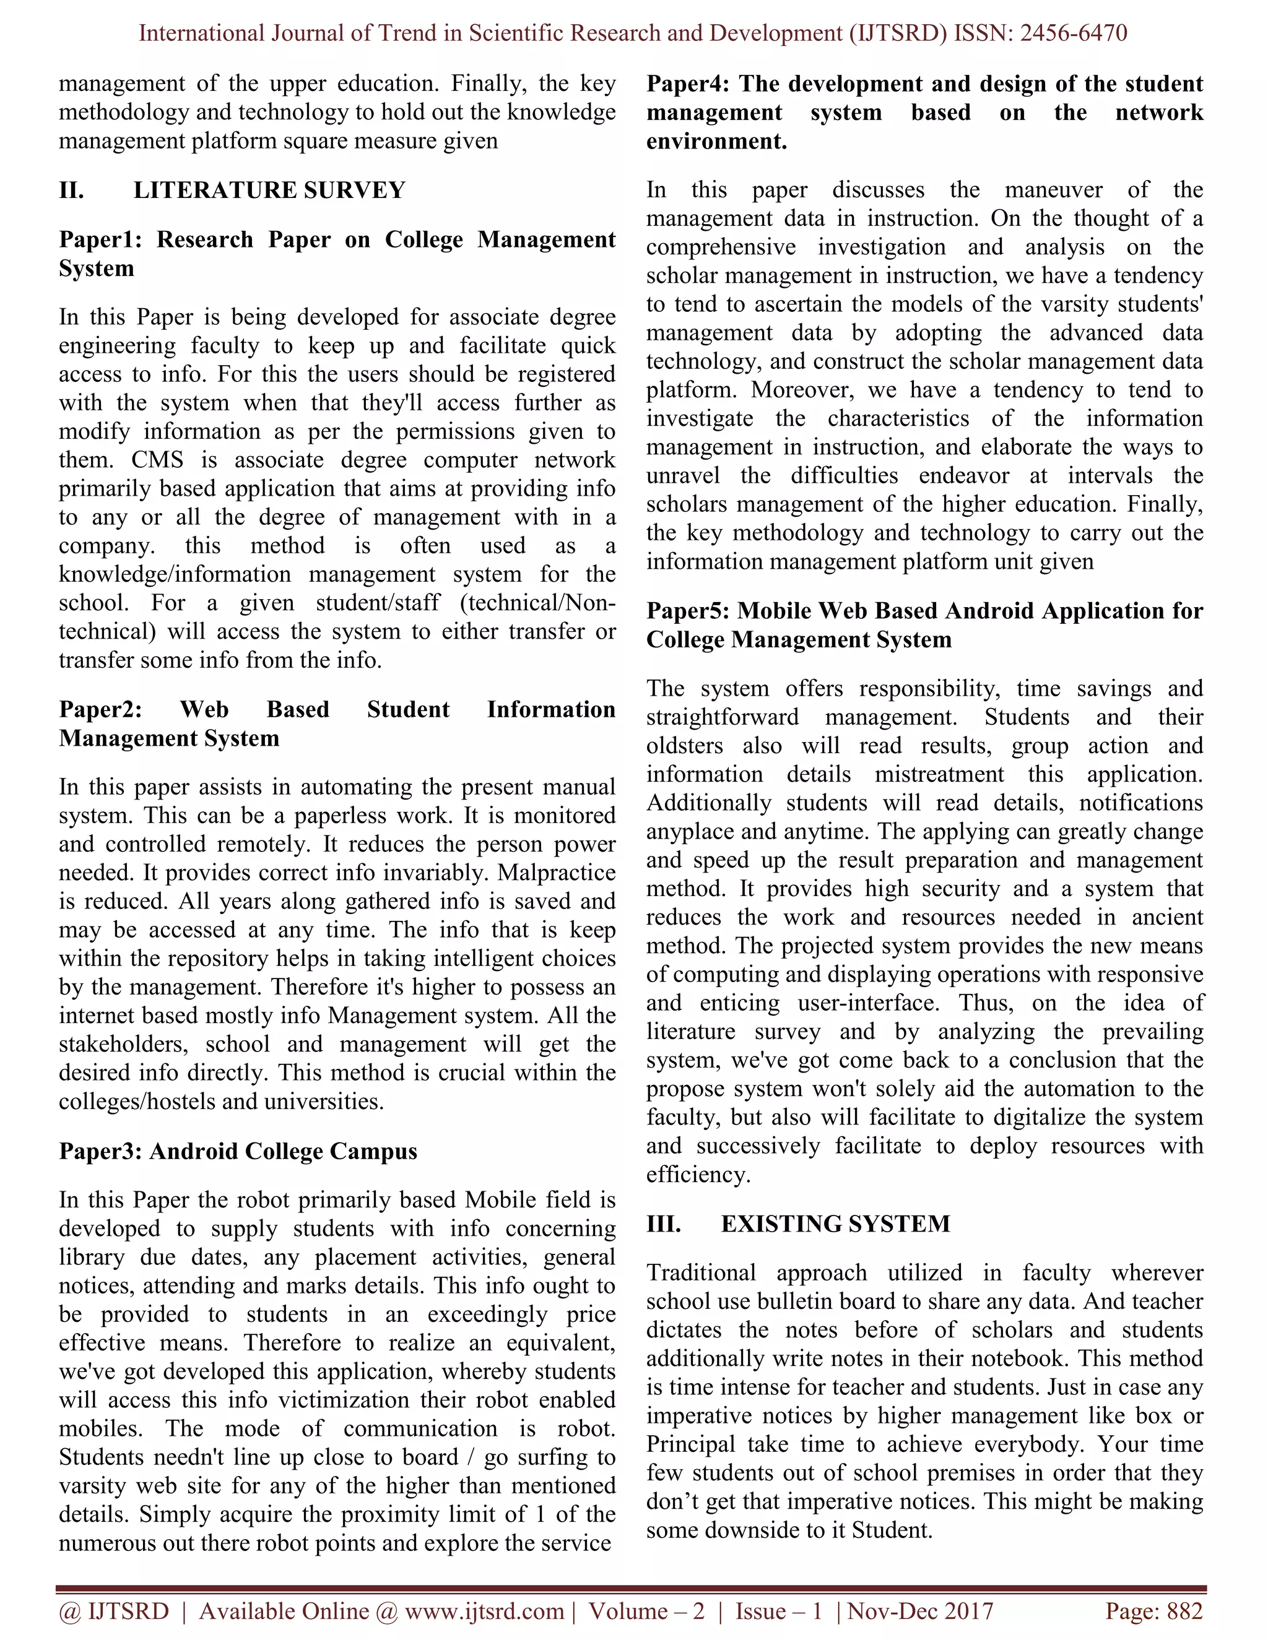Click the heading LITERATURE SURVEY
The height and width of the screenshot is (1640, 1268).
coord(269,191)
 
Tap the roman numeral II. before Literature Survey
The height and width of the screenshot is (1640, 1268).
coord(71,191)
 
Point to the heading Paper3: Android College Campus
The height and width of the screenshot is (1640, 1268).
coord(237,1151)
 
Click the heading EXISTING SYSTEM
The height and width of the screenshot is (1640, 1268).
coord(835,1224)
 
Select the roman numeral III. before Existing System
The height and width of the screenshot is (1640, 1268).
coord(663,1224)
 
